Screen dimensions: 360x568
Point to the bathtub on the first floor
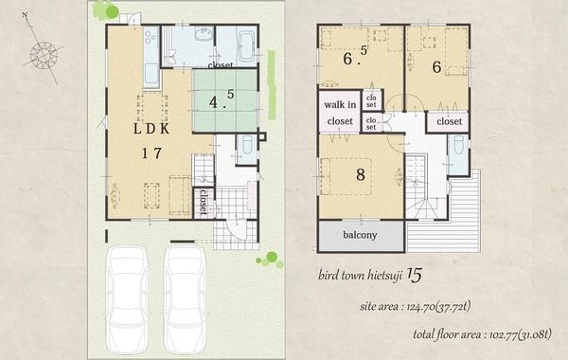point(242,45)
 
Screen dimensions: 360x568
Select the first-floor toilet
point(246,147)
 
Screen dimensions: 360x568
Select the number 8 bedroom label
point(360,173)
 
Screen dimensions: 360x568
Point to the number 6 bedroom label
point(436,66)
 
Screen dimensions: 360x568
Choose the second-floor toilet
point(457,150)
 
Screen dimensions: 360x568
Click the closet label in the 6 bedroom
point(450,121)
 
